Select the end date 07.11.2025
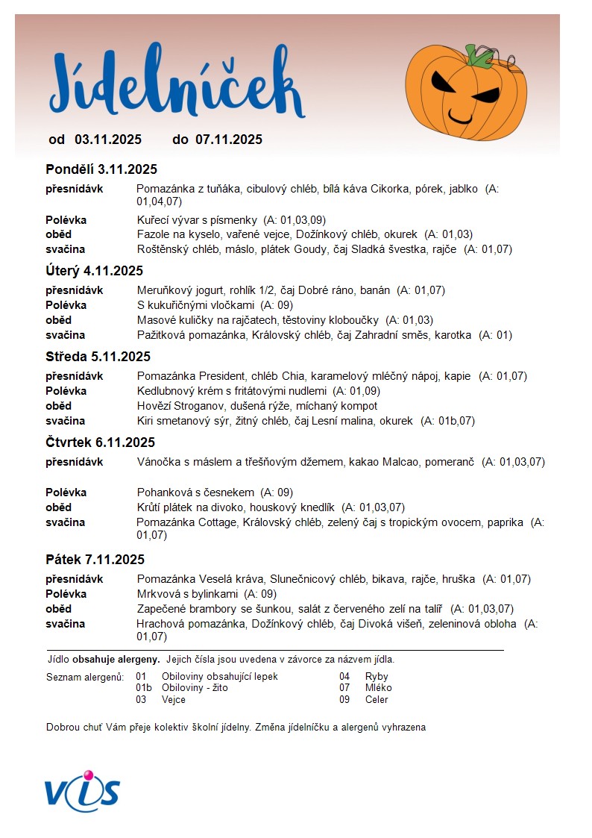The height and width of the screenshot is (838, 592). pos(229,140)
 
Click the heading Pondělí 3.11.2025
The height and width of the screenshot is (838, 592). pos(101,169)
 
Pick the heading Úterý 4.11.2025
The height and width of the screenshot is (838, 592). pos(94,271)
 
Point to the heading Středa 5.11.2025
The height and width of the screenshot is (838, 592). pos(98,357)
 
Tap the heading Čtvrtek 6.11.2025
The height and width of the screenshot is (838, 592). pos(100,443)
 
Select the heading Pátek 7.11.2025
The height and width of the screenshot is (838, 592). pos(95,560)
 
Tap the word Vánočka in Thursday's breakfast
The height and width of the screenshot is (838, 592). pos(158,462)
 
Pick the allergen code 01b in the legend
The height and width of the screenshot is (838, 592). pos(143,688)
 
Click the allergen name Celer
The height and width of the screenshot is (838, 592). pos(377,700)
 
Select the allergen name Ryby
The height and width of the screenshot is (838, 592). pos(377,677)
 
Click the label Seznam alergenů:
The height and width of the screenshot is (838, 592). pos(84,677)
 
